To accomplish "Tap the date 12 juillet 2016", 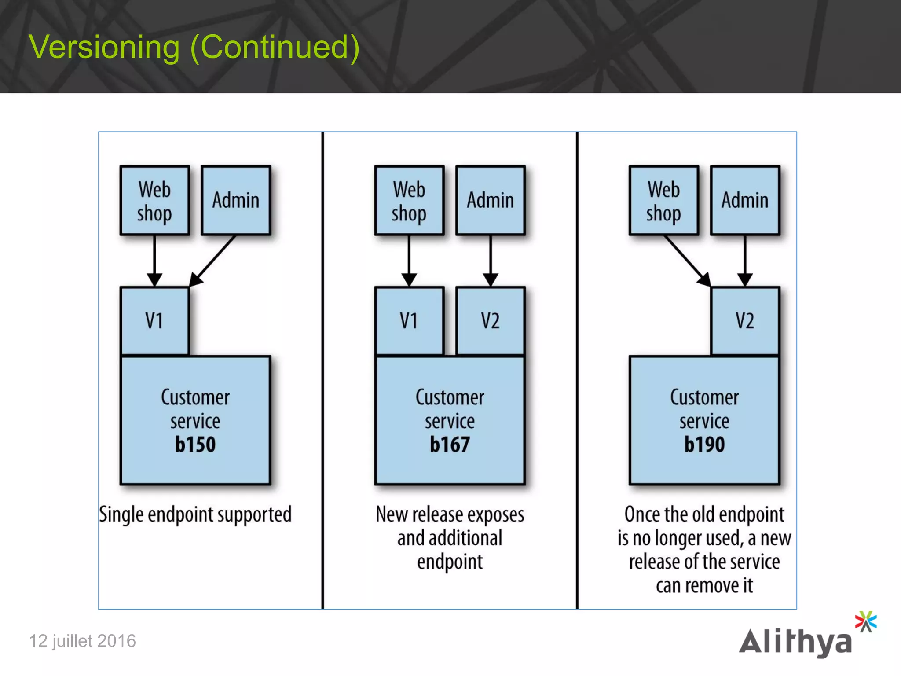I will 82,641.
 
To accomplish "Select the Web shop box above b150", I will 154,201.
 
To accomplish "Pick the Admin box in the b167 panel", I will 490,201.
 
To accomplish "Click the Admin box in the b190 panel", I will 744,201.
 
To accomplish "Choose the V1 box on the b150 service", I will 154,320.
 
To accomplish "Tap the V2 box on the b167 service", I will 490,320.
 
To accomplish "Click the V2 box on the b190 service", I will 744,320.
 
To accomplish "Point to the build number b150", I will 195,445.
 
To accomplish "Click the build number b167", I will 450,445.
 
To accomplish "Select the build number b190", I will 704,445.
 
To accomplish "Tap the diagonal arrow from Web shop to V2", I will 686,260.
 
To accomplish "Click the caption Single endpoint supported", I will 195,514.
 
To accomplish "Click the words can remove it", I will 704,586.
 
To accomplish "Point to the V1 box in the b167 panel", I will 409,320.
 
